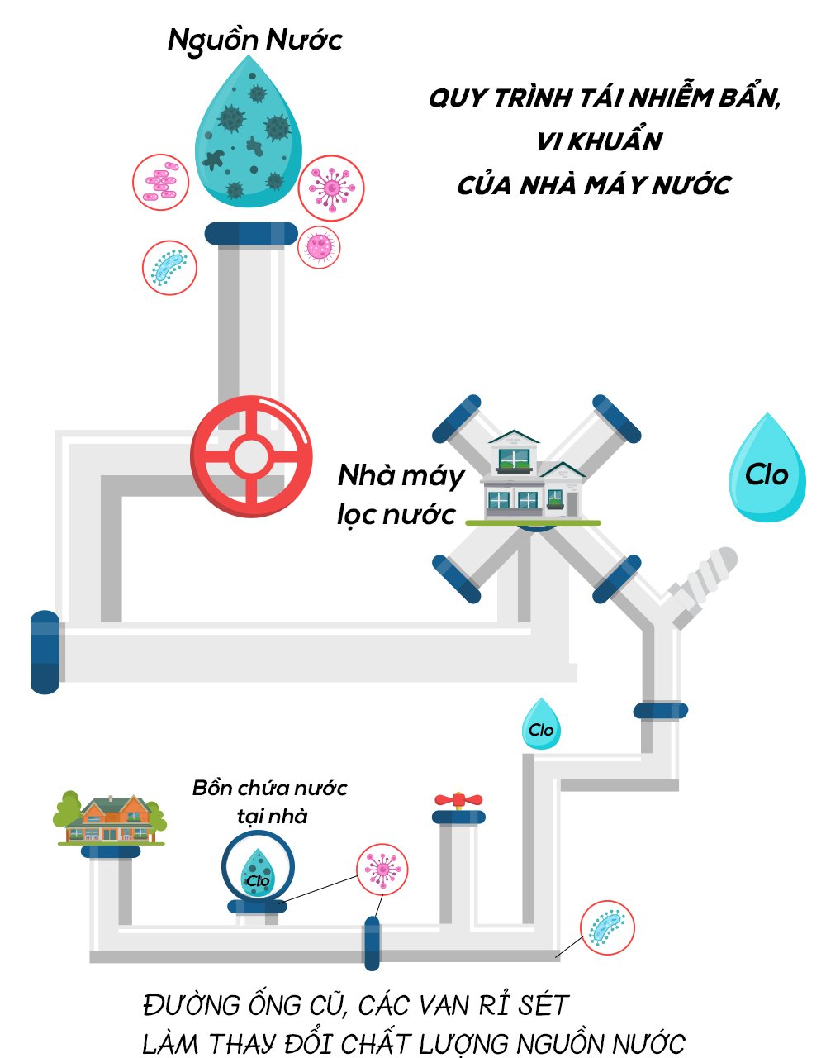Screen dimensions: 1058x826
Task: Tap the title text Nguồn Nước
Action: click(x=254, y=40)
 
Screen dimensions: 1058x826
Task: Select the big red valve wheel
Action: click(x=251, y=456)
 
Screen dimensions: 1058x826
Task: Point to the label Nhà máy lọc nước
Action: click(x=400, y=494)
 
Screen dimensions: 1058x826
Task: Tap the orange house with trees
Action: click(x=110, y=819)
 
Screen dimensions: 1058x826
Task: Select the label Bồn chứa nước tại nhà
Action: click(x=269, y=800)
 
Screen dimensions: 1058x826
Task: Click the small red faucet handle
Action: click(x=458, y=799)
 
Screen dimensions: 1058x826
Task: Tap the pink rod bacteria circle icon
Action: click(x=161, y=182)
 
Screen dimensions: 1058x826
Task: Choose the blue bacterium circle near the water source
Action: click(x=169, y=267)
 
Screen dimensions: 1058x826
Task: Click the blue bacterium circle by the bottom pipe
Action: click(x=607, y=927)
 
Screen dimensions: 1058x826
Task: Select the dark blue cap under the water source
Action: click(x=251, y=233)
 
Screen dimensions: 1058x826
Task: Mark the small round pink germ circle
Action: click(x=318, y=245)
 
